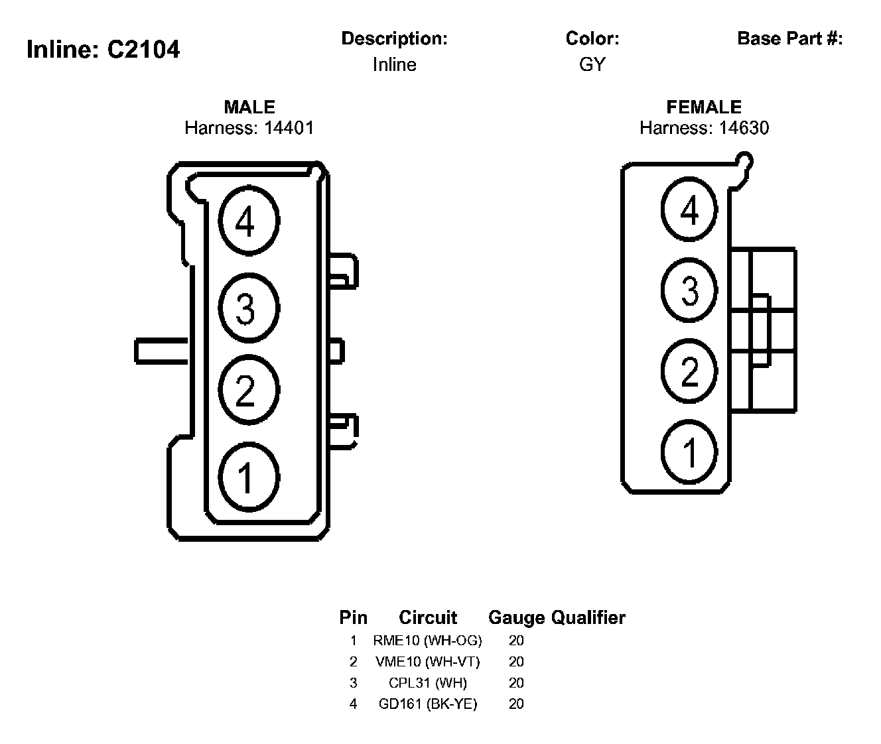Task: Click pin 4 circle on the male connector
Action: (x=248, y=221)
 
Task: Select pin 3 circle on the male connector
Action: (x=248, y=308)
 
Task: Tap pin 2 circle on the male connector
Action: (x=248, y=390)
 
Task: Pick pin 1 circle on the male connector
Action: (x=248, y=477)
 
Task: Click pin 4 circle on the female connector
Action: (x=689, y=210)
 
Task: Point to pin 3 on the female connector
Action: (x=689, y=290)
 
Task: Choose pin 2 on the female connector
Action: (x=689, y=371)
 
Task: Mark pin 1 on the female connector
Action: (x=689, y=452)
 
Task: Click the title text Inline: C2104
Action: (x=103, y=50)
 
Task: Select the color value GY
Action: (x=592, y=64)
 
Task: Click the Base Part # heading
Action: (x=789, y=38)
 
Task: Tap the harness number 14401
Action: (x=289, y=127)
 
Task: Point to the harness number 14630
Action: (x=744, y=127)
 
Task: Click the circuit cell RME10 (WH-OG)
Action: (x=427, y=641)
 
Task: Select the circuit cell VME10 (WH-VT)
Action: (x=427, y=662)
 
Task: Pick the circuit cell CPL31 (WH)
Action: (x=427, y=683)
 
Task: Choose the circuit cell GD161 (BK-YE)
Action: (x=427, y=704)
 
